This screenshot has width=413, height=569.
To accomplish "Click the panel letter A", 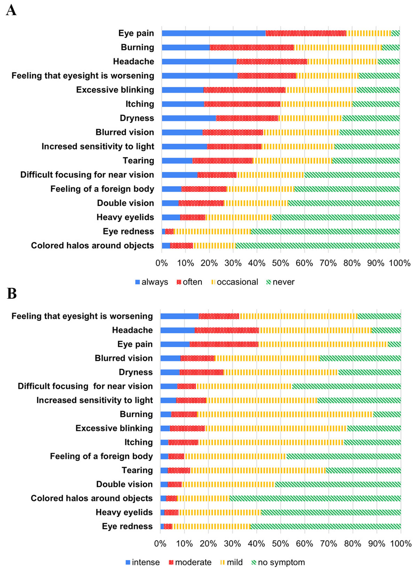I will (x=11, y=11).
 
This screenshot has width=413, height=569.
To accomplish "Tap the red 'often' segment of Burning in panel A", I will (x=251, y=47).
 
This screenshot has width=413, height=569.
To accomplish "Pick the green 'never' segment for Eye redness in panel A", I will (x=325, y=231).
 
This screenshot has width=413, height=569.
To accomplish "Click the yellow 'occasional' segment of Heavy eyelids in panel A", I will (x=238, y=217).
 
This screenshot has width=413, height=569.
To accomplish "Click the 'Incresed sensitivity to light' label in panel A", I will (x=98, y=146).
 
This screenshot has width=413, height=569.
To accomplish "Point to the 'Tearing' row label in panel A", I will (x=138, y=161).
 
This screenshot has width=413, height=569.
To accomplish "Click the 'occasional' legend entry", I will (x=234, y=282).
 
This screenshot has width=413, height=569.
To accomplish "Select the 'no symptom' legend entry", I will (x=278, y=562).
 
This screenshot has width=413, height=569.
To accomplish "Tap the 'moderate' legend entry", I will (x=190, y=562).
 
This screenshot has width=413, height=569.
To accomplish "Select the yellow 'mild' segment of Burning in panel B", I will (x=285, y=414).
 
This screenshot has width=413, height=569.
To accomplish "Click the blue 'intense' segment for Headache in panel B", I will (x=178, y=330).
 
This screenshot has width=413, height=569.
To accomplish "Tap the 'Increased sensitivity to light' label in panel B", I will (x=94, y=400).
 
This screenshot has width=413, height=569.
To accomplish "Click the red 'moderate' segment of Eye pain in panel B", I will (x=224, y=344).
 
